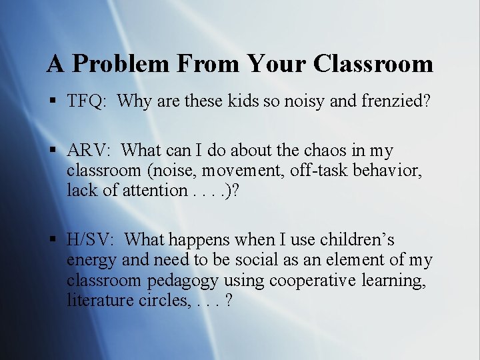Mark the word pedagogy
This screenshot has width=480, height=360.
coord(183,281)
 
